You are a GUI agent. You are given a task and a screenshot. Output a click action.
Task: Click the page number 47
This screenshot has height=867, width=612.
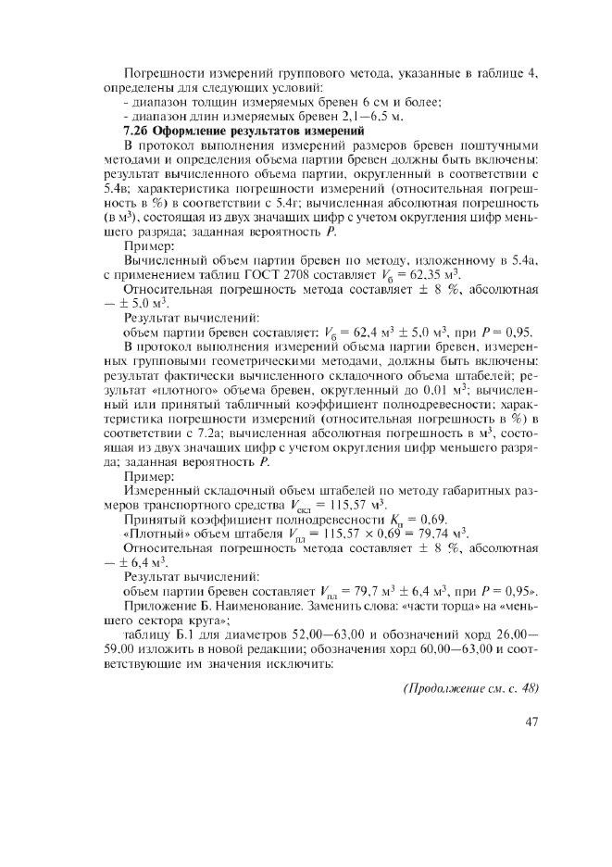531,722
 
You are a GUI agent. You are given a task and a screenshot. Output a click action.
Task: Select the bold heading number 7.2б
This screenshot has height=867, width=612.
138,132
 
